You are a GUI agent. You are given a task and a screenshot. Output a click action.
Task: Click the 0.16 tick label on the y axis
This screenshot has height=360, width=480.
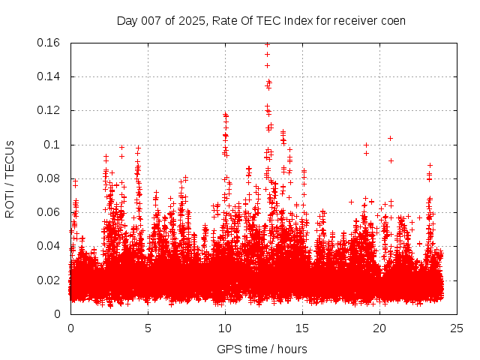49,43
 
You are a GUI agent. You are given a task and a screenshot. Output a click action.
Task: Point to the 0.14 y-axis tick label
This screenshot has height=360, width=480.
49,76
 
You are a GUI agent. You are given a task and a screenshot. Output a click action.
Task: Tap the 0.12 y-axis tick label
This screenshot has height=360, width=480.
49,110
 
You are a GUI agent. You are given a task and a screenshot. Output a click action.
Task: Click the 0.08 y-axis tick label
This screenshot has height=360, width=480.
49,178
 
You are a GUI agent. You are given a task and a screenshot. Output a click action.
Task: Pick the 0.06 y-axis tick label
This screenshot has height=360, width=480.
49,212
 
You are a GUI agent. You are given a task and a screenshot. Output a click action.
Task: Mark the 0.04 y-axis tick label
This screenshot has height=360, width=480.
49,246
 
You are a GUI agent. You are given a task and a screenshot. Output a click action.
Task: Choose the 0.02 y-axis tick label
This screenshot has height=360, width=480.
49,280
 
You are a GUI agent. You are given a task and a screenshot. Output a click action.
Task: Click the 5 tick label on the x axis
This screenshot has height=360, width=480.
148,328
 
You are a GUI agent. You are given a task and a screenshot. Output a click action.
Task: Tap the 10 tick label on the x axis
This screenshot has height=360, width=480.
225,328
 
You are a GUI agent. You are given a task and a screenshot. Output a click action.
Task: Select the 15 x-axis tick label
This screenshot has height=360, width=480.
302,328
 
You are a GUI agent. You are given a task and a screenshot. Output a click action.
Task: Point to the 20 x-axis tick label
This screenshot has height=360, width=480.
379,328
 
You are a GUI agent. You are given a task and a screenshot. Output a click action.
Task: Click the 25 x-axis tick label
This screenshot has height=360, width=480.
457,328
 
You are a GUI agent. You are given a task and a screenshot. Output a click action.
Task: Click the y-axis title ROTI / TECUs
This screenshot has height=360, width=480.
10,178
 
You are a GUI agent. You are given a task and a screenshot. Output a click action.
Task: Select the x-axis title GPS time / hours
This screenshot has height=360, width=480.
262,349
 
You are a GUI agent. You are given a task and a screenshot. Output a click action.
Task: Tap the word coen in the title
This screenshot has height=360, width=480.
393,20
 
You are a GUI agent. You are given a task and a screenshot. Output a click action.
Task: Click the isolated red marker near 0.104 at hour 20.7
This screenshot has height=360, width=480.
390,138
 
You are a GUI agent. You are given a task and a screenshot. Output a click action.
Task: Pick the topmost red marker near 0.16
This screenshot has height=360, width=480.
267,44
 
